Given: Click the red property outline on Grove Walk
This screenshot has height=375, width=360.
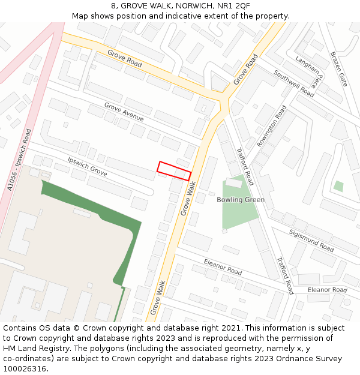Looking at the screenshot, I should [x=174, y=171].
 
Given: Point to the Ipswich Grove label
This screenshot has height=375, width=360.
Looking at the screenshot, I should [x=87, y=167].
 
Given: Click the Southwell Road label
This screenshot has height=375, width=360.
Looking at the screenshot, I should [x=294, y=83].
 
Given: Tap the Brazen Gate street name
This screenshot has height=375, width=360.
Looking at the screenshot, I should [x=338, y=68].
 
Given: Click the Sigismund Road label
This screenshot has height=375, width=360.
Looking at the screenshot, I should [x=311, y=240].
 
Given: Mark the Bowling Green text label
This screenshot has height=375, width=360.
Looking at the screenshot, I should [x=241, y=200].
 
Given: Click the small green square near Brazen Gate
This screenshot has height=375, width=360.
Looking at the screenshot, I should [x=338, y=186].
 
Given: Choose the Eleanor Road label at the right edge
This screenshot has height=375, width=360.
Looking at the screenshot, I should [x=327, y=290].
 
